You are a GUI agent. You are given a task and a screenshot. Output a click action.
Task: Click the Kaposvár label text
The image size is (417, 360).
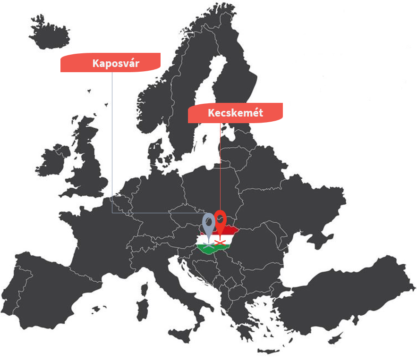click(116, 63)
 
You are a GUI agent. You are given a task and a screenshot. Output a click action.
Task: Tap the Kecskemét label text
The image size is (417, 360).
click(235, 113)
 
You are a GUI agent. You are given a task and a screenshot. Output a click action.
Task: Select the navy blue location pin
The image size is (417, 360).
click(208, 224)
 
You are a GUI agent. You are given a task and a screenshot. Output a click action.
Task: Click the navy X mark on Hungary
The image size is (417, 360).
click(208, 245)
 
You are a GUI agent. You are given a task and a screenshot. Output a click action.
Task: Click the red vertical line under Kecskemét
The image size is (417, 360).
click(221, 165)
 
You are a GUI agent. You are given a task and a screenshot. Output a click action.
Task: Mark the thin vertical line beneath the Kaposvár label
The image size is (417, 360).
click(112, 142)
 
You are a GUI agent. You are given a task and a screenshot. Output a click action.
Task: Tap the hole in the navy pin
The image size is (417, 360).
click(208, 221)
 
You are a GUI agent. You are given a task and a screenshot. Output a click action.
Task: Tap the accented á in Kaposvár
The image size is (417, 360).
click(130, 63)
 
